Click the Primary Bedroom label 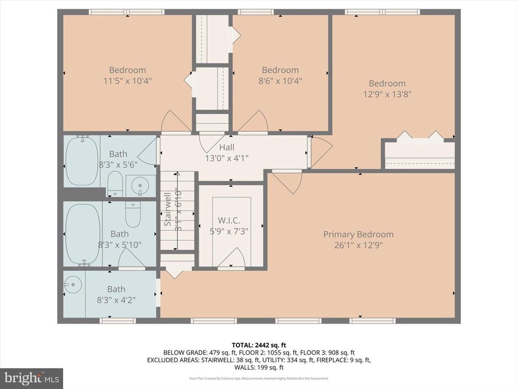[358, 235]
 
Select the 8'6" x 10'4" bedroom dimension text [280, 81]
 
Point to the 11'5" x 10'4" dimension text [127, 81]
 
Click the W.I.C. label [225, 221]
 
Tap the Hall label [227, 147]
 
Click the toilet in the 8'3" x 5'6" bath [115, 183]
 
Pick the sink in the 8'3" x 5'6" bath [140, 186]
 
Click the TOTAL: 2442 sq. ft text [258, 345]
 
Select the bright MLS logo [31, 378]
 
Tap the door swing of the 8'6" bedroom [253, 122]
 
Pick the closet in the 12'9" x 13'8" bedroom [419, 153]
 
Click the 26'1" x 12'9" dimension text [358, 245]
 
